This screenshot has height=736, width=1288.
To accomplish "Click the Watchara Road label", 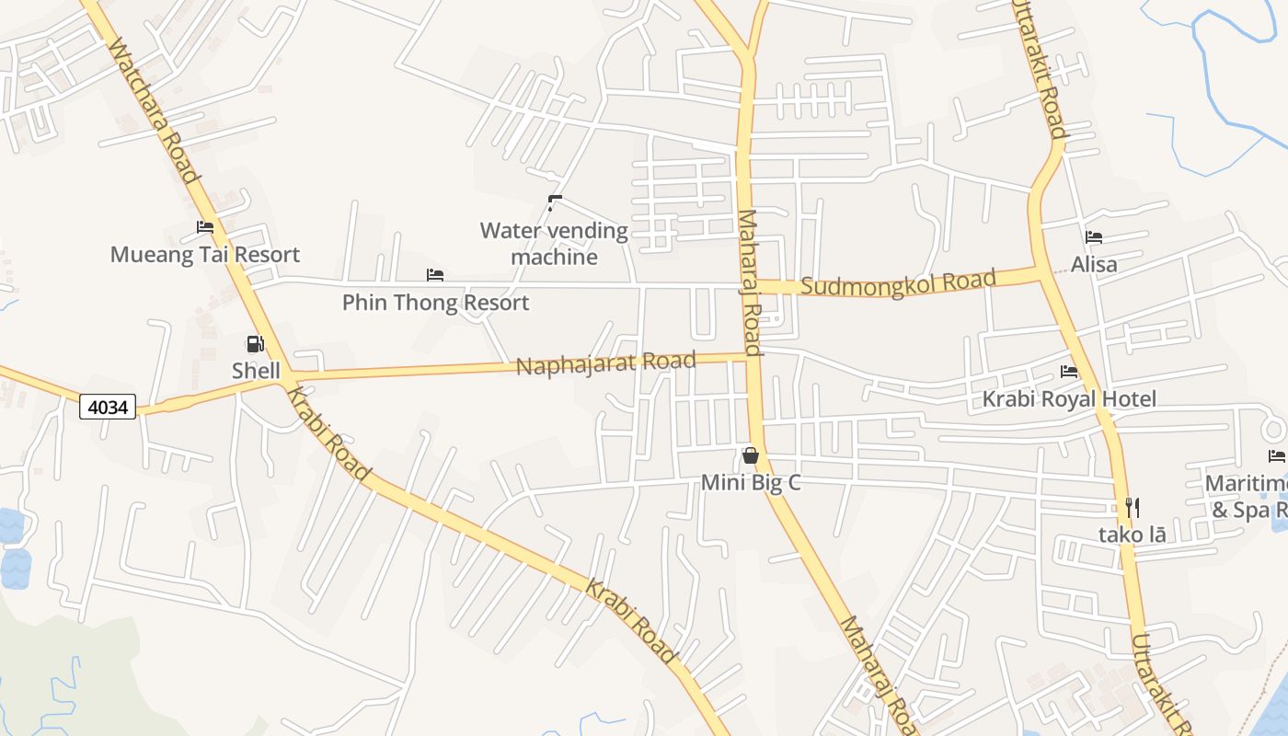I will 154,110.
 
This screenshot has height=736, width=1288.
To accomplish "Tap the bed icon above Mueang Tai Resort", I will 205,227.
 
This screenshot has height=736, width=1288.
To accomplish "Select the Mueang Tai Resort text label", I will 205,254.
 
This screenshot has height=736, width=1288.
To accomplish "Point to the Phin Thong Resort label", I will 435,302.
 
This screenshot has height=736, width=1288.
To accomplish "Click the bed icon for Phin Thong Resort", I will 435,275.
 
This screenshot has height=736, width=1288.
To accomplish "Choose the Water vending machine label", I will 554,243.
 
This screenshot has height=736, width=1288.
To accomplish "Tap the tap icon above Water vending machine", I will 554,202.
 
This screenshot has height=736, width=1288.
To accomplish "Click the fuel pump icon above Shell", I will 255,344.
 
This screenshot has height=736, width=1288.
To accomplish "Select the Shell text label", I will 256,371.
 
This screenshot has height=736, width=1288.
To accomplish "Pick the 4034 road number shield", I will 108,406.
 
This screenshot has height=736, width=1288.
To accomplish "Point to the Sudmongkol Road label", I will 898,282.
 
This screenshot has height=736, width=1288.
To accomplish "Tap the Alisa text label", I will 1094,265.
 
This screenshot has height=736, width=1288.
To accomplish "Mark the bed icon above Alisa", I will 1094,237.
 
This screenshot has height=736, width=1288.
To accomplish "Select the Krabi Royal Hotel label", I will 1069,399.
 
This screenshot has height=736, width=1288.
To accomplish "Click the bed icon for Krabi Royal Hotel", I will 1069,372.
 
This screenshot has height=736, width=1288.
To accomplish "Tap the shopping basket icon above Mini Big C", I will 751,455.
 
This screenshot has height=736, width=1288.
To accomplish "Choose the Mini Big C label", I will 751,482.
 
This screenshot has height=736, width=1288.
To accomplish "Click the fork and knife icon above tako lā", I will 1133,507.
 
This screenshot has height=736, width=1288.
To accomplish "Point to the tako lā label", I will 1132,534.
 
